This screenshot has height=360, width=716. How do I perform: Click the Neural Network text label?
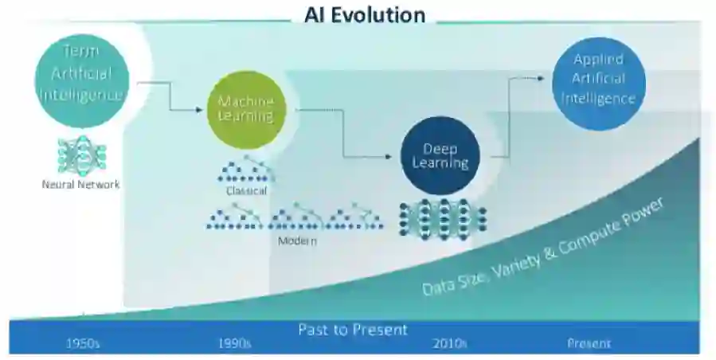80,185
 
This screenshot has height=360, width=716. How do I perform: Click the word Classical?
245,191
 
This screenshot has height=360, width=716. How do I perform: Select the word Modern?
297,241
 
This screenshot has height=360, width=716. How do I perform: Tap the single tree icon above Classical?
245,170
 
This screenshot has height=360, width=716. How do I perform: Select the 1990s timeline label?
234,344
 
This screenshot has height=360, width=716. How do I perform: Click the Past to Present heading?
352,329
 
